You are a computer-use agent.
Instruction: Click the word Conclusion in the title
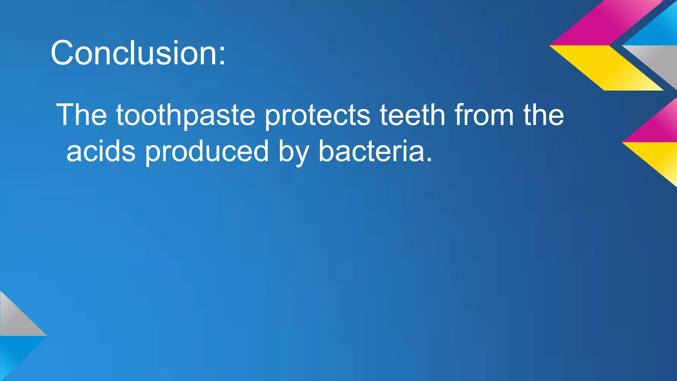tap(134, 53)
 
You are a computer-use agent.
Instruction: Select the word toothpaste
tap(185, 116)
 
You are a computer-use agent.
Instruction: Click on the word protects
tap(317, 116)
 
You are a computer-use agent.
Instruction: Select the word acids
tap(101, 151)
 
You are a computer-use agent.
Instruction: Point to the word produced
tap(207, 151)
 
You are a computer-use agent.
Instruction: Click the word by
tap(294, 152)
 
